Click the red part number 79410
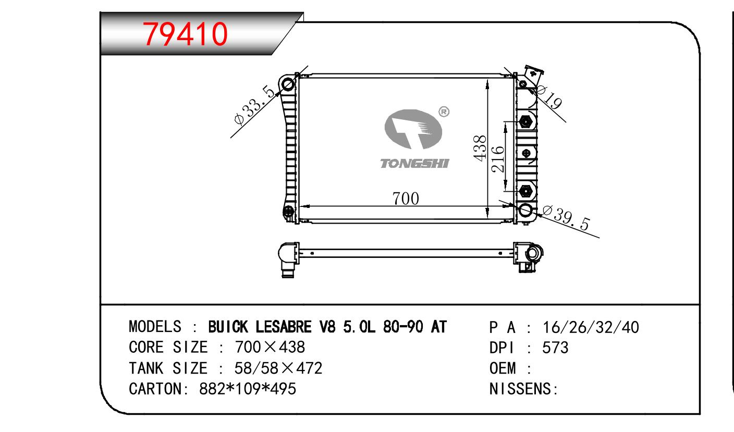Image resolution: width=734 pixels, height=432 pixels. pos(185,34)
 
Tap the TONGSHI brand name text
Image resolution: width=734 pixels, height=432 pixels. pos(414,164)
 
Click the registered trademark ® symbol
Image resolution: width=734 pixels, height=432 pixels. pos(444,112)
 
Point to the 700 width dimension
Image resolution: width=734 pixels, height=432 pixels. pos(406,199)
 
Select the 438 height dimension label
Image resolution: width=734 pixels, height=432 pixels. pos(480,148)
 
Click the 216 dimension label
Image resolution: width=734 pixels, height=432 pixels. pos(497,159)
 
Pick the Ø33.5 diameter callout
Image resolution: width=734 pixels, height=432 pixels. pos(254,105)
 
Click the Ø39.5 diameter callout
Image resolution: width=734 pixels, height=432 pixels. pos(566,218)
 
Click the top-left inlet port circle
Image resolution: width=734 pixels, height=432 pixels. pos(288,85)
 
